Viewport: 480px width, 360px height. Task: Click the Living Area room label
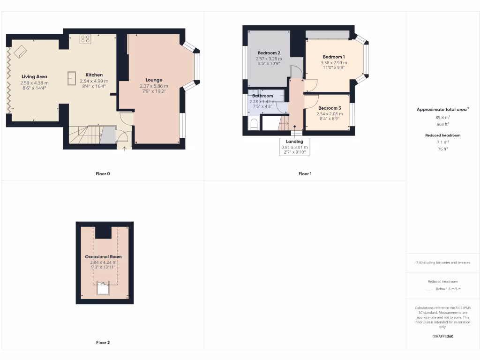pyautogui.click(x=34, y=76)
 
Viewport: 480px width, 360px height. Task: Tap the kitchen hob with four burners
pyautogui.click(x=85, y=39)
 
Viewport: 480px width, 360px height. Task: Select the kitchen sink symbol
pyautogui.click(x=72, y=78)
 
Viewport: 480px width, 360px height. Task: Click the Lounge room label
pyautogui.click(x=154, y=80)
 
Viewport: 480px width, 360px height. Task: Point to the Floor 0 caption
pyautogui.click(x=103, y=174)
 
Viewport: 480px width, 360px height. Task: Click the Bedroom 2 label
pyautogui.click(x=269, y=53)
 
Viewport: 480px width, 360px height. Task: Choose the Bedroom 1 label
pyautogui.click(x=334, y=57)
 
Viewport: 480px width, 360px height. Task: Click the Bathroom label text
pyautogui.click(x=262, y=96)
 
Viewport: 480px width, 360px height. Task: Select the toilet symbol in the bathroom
pyautogui.click(x=254, y=124)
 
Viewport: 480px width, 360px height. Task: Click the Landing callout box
pyautogui.click(x=294, y=147)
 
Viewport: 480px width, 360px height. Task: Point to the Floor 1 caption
pyautogui.click(x=305, y=174)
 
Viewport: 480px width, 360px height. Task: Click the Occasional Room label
pyautogui.click(x=103, y=257)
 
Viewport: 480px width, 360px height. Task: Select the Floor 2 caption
pyautogui.click(x=103, y=343)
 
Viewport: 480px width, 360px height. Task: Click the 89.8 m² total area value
pyautogui.click(x=442, y=118)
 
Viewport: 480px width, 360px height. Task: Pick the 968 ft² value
pyautogui.click(x=442, y=124)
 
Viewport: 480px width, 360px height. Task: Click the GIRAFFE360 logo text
pyautogui.click(x=442, y=336)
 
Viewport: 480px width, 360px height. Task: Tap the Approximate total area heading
pyautogui.click(x=442, y=109)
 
